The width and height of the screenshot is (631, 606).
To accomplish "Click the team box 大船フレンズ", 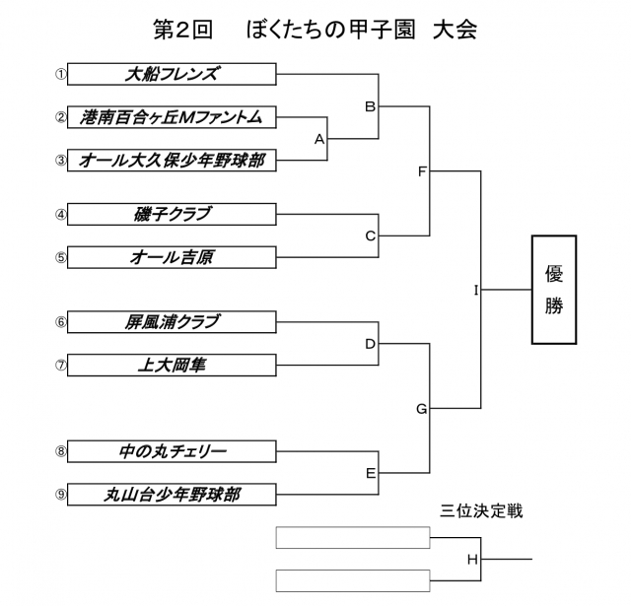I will click(173, 74).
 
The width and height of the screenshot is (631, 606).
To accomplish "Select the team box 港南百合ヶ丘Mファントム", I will click(173, 117).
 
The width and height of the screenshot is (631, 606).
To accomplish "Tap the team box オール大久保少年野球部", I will click(173, 160).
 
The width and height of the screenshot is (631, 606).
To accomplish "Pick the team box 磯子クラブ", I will click(173, 214).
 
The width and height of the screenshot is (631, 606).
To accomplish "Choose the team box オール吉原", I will click(173, 257).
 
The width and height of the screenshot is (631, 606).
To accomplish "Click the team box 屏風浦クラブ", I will click(173, 321).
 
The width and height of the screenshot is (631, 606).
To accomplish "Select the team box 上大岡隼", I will click(173, 365).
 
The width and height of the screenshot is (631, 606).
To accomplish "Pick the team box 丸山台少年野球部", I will click(173, 494).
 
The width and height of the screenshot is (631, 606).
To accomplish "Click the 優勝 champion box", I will click(554, 290).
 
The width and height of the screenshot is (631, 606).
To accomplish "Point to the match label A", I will click(319, 139).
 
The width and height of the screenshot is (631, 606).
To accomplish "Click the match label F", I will click(421, 171).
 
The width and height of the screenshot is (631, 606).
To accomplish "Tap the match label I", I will click(475, 290).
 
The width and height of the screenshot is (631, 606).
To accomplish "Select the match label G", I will click(421, 408).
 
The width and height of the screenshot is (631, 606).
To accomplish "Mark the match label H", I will click(472, 560).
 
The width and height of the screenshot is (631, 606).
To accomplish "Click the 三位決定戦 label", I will click(481, 511).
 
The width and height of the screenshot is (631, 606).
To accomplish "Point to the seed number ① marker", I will click(60, 74).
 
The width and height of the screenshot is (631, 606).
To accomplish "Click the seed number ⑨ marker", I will click(60, 494).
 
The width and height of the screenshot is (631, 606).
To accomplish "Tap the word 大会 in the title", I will click(454, 29).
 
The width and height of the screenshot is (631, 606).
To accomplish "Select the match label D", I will click(371, 344).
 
